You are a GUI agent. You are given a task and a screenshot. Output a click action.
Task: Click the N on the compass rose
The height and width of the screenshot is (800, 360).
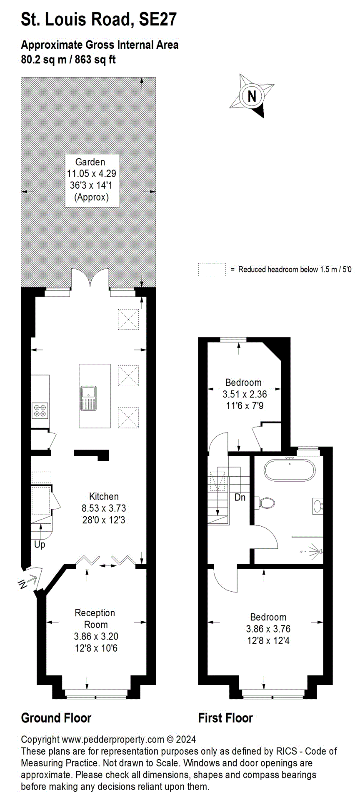[252, 96]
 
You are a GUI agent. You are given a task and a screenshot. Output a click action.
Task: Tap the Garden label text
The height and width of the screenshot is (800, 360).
[90, 162]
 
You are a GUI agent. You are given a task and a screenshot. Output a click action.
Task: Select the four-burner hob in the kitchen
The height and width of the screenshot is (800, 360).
[40, 410]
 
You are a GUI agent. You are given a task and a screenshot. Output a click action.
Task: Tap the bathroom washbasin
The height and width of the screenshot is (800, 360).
[318, 506]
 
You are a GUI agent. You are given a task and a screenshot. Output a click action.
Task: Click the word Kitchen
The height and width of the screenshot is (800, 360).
[104, 496]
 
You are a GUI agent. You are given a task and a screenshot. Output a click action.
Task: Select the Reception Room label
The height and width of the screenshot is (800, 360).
[95, 619]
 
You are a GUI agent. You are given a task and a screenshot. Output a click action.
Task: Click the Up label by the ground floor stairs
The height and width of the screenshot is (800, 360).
[40, 545]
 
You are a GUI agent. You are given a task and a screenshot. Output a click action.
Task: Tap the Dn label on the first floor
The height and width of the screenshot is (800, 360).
[240, 497]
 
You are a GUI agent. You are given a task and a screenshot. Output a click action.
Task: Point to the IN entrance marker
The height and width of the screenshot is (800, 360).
[23, 584]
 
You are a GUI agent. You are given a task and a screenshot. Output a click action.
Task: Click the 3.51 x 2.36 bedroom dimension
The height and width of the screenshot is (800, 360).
[245, 394]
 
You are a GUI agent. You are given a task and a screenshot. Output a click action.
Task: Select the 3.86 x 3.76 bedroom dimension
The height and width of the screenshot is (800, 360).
[268, 629]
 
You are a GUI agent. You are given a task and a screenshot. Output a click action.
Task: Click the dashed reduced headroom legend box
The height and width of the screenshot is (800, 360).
[212, 270]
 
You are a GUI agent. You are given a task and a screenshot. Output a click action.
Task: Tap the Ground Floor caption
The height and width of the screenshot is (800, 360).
[56, 718]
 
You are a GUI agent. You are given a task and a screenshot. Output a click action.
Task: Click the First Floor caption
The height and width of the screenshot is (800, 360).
[225, 718]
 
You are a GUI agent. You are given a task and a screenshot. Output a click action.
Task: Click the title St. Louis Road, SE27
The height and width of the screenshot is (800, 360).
[99, 20]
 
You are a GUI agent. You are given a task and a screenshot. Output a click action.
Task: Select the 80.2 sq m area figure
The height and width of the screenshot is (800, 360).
[44, 60]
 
